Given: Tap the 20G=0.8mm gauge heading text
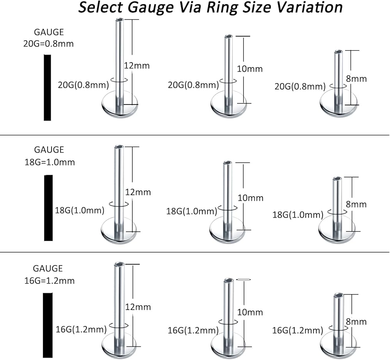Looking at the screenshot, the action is point(48,44).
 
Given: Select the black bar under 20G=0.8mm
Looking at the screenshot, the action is point(47,87).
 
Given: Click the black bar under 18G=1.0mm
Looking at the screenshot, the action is point(48,207).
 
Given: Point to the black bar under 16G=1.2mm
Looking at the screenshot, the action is point(48,326).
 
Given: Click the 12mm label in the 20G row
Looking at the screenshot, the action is point(136,66).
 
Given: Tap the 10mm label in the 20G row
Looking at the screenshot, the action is point(250,69).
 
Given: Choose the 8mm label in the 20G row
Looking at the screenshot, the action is point(356,78).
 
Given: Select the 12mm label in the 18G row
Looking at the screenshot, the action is point(137,192).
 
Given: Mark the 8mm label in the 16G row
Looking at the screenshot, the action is point(356,321).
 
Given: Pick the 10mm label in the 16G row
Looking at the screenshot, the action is point(250,312).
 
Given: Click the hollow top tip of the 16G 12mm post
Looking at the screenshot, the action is point(119,264).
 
